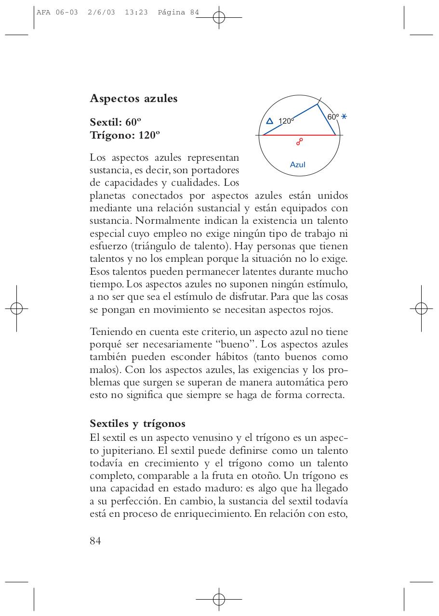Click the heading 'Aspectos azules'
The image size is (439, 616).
(x=133, y=99)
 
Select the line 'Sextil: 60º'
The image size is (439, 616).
(x=115, y=122)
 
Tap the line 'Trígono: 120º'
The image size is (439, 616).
(x=124, y=135)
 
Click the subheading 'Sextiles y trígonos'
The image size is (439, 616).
(x=137, y=423)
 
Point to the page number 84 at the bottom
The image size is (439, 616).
(x=95, y=540)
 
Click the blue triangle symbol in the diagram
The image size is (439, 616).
(x=270, y=121)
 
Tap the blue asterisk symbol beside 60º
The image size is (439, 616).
(x=344, y=117)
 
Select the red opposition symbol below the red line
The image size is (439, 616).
(x=299, y=141)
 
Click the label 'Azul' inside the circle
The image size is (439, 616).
(x=297, y=165)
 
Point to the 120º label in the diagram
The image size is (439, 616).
(x=286, y=121)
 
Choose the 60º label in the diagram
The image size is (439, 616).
(x=333, y=117)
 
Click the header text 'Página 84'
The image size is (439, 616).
(x=178, y=13)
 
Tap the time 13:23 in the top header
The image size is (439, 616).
(x=136, y=13)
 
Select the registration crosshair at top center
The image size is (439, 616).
(x=219, y=18)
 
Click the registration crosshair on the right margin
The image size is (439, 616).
(x=421, y=308)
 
